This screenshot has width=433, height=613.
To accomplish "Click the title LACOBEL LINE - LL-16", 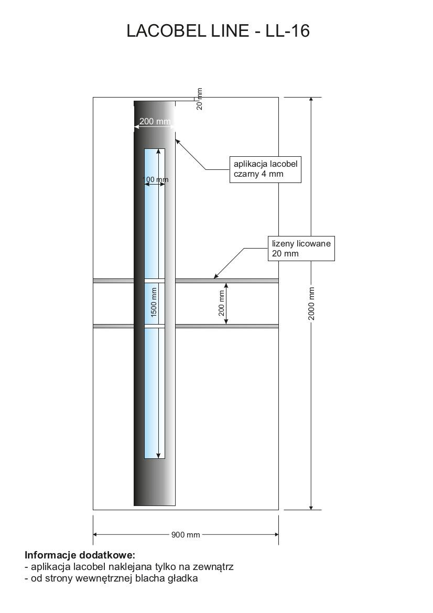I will pos(218,31).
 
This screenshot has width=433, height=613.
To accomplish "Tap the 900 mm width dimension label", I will pos(186,535).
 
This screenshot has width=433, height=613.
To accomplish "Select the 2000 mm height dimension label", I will pos(311,304).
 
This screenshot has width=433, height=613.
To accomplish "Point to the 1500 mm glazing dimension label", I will pos(154,302).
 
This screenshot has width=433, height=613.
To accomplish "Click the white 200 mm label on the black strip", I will pos(155,122).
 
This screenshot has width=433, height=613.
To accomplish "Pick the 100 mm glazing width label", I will pos(156,180).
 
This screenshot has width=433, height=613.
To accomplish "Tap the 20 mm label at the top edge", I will pos(199,99).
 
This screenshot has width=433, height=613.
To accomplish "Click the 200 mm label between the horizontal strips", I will pos(221,304).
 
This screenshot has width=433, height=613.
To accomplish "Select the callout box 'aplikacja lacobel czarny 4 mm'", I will pos(265,169).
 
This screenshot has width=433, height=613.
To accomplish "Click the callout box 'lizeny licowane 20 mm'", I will pos(301,248).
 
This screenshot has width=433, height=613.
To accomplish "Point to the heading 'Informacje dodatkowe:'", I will pos(80,555).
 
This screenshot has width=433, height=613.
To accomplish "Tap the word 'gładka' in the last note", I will pos(184,579).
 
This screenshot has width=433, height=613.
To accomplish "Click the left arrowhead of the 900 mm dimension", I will pos(95,535).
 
